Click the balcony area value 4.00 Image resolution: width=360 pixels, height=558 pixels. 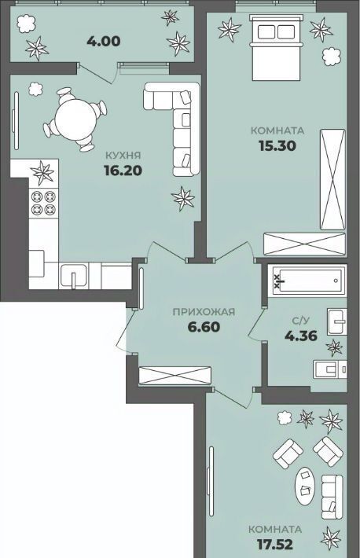(x=103, y=42)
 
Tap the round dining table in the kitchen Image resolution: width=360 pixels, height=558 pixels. (x=75, y=119)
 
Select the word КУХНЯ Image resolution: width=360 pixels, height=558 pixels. (x=123, y=155)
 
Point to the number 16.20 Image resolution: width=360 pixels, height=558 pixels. (x=123, y=171)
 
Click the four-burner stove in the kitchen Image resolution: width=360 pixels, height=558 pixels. (x=43, y=203)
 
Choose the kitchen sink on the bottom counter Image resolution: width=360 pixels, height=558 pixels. (x=74, y=275)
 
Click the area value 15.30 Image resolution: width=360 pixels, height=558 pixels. (x=277, y=145)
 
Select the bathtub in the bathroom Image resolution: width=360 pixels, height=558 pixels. (x=307, y=281)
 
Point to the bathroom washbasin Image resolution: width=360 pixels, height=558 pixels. (x=336, y=321)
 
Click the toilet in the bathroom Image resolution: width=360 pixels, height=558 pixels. (x=329, y=369)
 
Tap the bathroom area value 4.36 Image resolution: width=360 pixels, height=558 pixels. (x=301, y=336)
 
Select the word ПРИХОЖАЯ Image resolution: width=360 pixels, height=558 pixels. (x=204, y=312)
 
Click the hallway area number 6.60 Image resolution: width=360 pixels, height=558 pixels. (x=204, y=327)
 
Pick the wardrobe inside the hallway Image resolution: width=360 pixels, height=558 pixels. (x=175, y=376)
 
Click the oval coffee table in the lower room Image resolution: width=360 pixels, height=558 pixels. (x=305, y=484)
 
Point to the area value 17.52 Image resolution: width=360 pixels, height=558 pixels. (x=275, y=544)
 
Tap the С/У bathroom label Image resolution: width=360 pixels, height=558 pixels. (x=300, y=321)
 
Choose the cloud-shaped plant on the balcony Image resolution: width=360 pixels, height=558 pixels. (x=27, y=23)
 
